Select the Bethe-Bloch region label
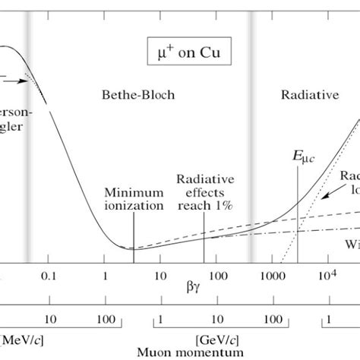coord(137,95)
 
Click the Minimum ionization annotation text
coord(134,199)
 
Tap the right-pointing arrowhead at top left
coord(36,81)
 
